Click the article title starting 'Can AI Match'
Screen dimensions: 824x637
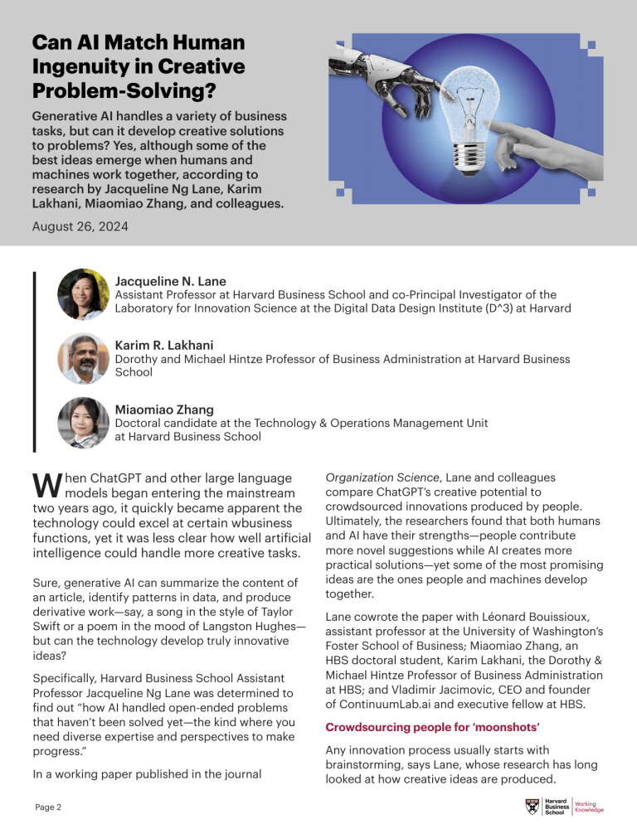tap(139, 65)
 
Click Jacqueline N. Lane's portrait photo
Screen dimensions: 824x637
tap(83, 294)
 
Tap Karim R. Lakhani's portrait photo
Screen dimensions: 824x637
tap(83, 358)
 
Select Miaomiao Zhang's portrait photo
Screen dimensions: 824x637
tap(83, 422)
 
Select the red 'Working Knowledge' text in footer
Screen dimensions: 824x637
tap(589, 805)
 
